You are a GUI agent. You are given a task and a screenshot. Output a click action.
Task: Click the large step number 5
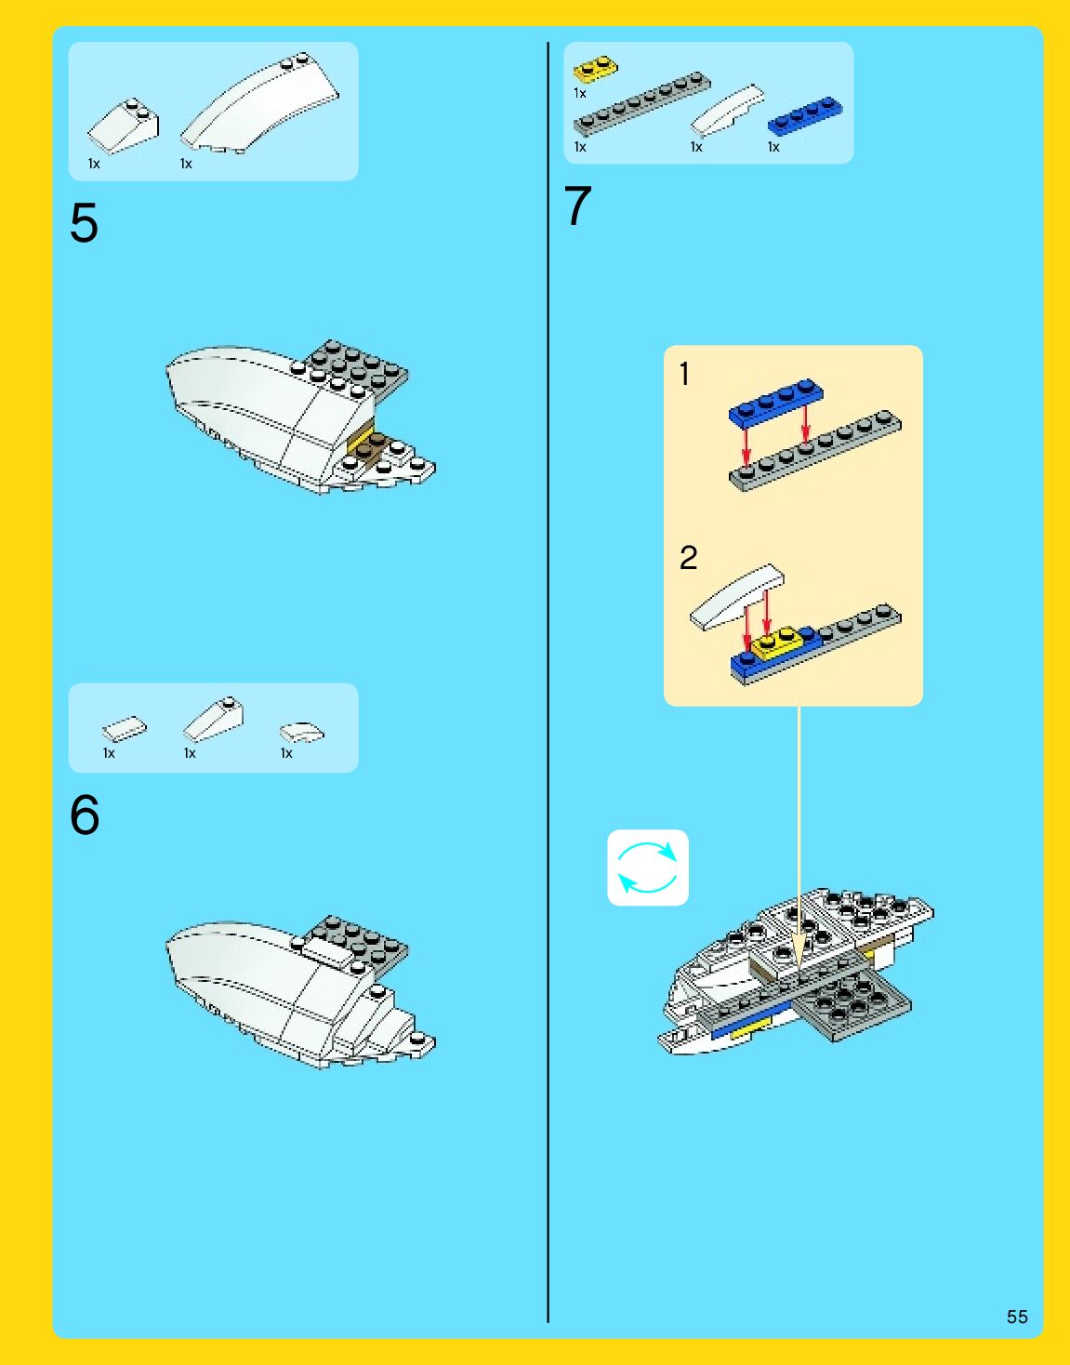tap(84, 223)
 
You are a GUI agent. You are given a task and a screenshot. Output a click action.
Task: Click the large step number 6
tap(85, 815)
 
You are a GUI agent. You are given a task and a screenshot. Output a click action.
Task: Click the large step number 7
tap(577, 205)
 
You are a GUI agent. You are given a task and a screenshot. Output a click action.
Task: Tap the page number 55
tap(1017, 1317)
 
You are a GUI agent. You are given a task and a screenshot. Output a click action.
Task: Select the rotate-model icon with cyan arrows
tap(647, 868)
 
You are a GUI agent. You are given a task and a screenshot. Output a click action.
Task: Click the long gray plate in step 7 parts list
tap(641, 103)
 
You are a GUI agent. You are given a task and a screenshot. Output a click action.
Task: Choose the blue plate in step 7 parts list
tap(805, 116)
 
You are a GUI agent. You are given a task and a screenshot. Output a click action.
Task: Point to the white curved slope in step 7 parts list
tap(727, 110)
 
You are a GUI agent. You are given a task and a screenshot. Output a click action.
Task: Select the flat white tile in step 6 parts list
tap(125, 729)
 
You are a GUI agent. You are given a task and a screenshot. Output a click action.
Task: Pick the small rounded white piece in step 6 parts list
tap(302, 733)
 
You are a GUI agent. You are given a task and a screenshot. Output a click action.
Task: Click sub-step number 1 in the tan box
tap(684, 374)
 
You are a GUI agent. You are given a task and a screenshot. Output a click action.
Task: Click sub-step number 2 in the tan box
tap(688, 557)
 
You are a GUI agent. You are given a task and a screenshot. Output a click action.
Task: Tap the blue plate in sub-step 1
tap(776, 401)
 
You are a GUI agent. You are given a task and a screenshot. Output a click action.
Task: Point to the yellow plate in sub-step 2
tap(778, 643)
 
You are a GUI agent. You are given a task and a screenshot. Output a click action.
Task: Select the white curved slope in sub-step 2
tap(736, 597)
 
